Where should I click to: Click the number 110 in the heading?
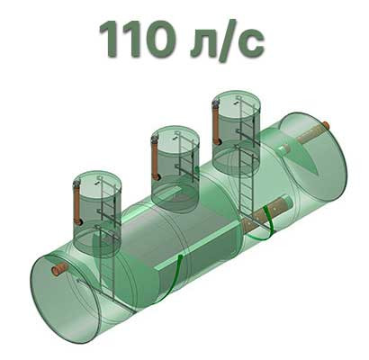click(x=138, y=39)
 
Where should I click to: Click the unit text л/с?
click(x=228, y=40)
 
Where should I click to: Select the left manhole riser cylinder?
click(x=97, y=213)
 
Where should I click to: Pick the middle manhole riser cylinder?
click(x=175, y=169)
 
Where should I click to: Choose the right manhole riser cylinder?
click(x=236, y=134)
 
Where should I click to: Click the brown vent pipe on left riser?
click(x=77, y=203)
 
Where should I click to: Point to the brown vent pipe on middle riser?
click(x=156, y=158)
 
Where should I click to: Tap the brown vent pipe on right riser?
click(x=217, y=122)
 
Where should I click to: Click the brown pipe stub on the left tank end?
click(x=59, y=269)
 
